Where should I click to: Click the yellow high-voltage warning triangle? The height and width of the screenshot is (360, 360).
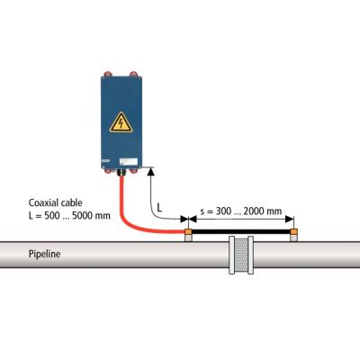121,122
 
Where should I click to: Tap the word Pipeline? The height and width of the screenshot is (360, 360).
44,254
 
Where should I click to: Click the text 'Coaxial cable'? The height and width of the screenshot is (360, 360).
55,202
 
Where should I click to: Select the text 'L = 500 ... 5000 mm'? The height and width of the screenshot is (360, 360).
69,215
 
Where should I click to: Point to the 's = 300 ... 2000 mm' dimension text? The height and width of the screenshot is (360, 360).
241,211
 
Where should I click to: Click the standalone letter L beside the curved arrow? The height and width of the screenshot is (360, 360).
159,207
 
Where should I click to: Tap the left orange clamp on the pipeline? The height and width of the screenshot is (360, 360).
188,231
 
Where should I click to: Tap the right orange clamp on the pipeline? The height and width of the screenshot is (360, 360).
294,231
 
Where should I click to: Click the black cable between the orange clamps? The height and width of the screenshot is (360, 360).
241,231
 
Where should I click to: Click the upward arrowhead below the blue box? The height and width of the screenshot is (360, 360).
151,172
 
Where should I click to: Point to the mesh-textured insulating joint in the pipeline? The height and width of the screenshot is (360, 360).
241,255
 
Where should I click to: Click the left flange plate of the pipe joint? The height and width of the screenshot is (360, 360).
232,255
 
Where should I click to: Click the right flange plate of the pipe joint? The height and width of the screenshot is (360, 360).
250,255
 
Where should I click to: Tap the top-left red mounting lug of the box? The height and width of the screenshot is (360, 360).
107,74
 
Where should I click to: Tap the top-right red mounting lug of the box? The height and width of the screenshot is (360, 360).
133,74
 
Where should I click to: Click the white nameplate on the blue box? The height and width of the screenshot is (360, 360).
129,162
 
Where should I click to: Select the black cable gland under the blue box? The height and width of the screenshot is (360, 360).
121,173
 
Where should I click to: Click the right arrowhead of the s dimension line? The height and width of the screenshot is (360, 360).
290,219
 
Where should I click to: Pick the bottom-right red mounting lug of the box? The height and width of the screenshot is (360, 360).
134,171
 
